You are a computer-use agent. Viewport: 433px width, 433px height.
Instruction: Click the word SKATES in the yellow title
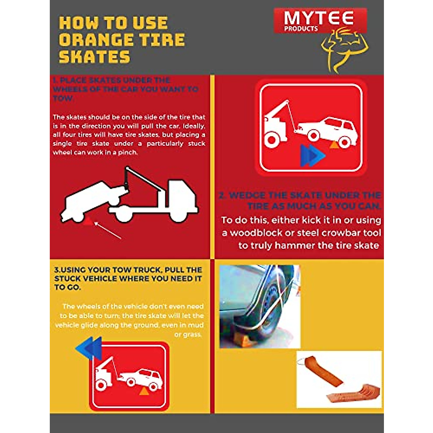[95, 57]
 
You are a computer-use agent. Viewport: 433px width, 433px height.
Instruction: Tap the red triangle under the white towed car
[87, 221]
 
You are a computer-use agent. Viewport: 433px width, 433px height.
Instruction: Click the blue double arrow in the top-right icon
[312, 156]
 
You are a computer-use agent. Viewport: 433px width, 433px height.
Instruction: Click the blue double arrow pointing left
[89, 349]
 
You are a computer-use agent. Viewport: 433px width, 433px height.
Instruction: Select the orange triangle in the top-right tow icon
[334, 144]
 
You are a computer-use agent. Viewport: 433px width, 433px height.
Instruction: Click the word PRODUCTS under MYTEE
[301, 29]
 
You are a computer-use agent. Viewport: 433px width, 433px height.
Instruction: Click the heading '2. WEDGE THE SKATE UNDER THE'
[299, 196]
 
